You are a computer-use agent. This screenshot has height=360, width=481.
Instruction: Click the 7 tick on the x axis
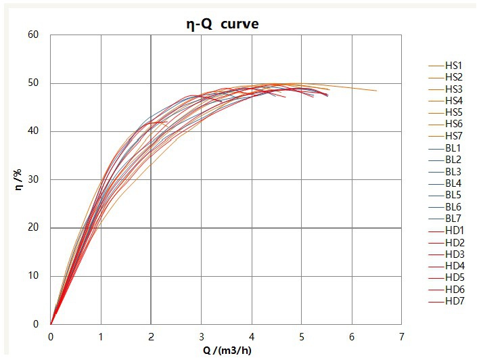pos(402,336)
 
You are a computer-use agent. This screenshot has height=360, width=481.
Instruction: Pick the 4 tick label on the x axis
pos(252,336)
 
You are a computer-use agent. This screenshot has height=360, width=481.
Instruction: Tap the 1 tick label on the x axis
pos(101,336)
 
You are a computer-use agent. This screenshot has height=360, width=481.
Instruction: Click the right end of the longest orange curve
pos(377,91)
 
